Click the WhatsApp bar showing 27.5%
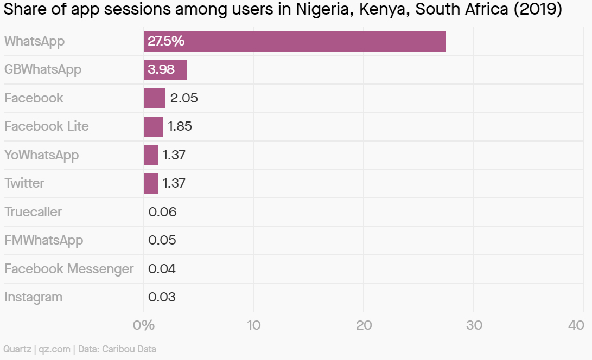click(x=295, y=41)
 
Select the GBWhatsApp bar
click(x=165, y=70)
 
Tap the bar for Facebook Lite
click(x=153, y=126)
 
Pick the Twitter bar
click(x=151, y=183)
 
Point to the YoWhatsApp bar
click(x=151, y=155)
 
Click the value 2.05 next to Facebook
click(x=184, y=98)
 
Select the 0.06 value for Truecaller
click(x=162, y=212)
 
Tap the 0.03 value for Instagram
click(x=162, y=297)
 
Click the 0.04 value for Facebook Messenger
click(x=162, y=269)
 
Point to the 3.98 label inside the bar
click(x=161, y=70)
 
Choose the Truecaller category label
click(x=33, y=212)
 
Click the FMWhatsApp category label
click(x=43, y=240)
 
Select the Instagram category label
click(x=33, y=297)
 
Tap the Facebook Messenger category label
click(x=69, y=269)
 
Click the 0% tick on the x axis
click(x=144, y=325)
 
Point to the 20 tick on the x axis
click(x=364, y=325)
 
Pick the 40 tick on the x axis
click(x=576, y=325)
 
